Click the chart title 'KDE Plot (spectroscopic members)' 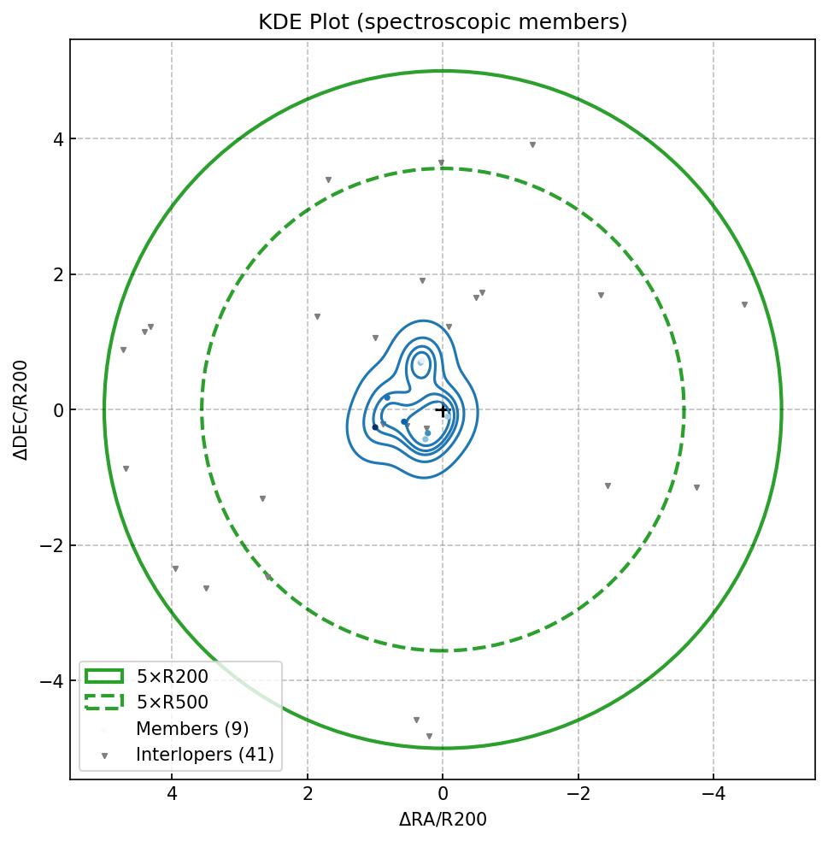pos(443,22)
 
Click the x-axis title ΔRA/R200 pos(443,820)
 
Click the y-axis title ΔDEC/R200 pos(21,410)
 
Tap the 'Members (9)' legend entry pos(192,729)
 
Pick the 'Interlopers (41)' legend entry pos(204,755)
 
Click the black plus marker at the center pos(442,410)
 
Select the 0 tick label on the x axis pos(443,795)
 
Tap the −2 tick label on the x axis pos(578,795)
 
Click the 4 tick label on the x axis pos(172,795)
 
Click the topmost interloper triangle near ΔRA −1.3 pos(532,145)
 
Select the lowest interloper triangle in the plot pos(429,736)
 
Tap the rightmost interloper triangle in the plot pos(744,305)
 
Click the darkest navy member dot pos(375,427)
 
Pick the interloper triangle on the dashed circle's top pos(441,163)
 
